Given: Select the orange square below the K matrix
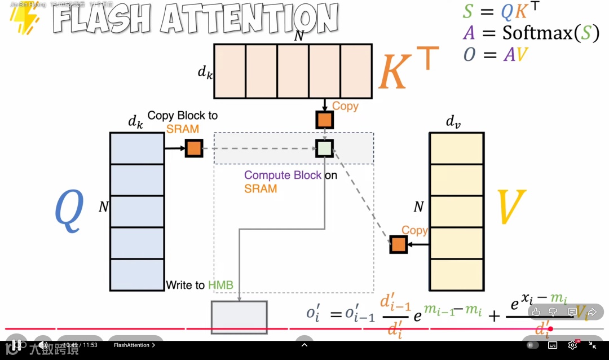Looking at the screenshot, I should [324, 120].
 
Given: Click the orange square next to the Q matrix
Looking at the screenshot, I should [193, 148].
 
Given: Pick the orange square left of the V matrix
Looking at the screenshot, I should [398, 244].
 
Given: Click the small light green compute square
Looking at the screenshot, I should [324, 148].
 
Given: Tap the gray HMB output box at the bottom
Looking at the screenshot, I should [239, 317].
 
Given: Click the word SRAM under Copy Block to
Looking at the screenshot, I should [183, 129].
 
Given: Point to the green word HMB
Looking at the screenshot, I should [220, 285].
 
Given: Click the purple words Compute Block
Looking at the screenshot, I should [283, 175].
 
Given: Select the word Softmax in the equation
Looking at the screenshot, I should [537, 33].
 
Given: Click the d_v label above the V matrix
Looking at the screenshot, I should [454, 121].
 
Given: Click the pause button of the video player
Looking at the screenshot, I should [17, 345].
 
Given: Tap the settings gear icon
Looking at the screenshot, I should [572, 345].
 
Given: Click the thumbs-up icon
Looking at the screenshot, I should [536, 311].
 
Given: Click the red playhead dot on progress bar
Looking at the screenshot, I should [550, 329].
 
